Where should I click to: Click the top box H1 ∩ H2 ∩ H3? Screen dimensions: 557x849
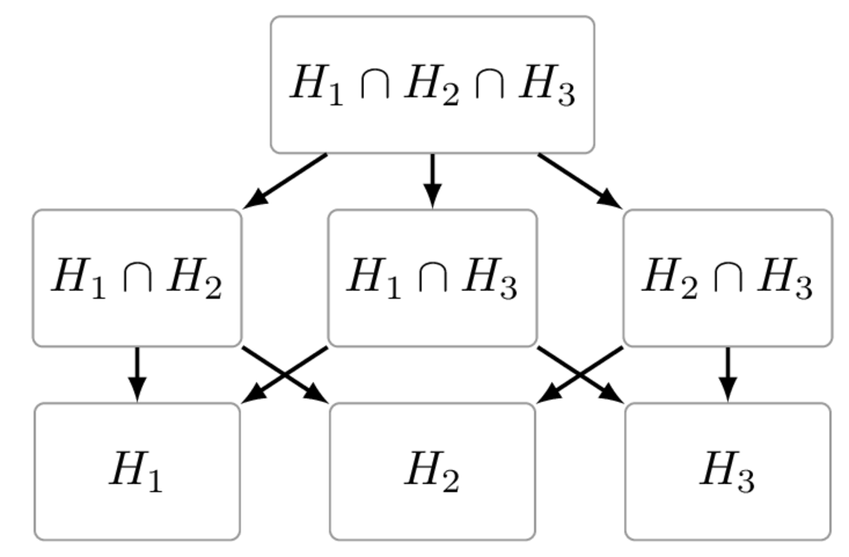[432, 85]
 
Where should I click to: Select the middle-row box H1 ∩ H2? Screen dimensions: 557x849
[137, 278]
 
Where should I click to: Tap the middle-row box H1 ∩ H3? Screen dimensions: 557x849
[432, 278]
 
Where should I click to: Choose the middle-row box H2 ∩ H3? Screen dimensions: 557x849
[727, 278]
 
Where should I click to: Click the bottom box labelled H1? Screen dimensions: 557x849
[137, 471]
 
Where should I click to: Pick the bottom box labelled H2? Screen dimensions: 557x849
[432, 471]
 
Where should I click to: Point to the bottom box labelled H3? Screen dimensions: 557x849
[727, 471]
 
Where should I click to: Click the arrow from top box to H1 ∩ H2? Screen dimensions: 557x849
[286, 180]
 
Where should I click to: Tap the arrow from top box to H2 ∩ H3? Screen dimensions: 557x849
[579, 180]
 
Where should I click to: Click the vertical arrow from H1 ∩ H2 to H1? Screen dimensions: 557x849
[137, 374]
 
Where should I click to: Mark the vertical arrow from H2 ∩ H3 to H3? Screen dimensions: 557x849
[727, 374]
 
